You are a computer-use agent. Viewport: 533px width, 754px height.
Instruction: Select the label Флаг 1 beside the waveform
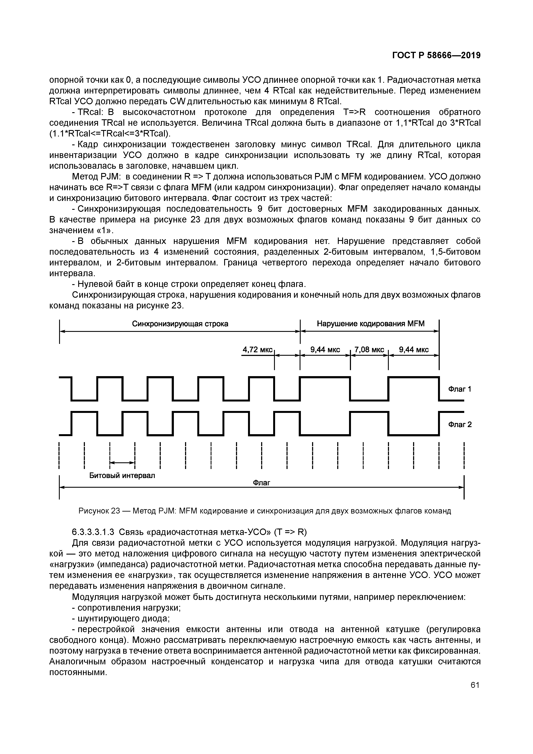click(x=459, y=389)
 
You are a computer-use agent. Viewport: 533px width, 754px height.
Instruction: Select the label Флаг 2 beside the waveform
click(x=460, y=425)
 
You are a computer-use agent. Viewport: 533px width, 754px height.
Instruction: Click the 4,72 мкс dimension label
click(x=257, y=350)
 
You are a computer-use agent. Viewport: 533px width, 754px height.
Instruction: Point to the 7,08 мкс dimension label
click(x=369, y=350)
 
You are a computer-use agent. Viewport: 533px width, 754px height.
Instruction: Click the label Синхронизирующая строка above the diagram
click(x=180, y=324)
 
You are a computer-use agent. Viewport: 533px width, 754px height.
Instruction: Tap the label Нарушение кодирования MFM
click(x=371, y=324)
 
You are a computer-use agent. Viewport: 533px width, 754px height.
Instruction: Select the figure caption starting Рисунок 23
click(x=264, y=511)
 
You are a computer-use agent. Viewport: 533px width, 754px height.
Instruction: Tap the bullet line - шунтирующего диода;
click(x=121, y=619)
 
